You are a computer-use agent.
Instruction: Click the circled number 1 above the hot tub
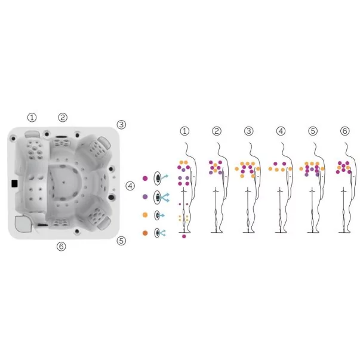pos(32,118)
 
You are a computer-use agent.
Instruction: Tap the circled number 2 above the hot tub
pos(63,118)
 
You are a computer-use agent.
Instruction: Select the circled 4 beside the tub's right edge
pos(130,186)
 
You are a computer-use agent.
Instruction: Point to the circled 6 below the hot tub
pos(61,247)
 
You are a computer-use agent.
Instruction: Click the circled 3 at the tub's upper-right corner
pos(121,125)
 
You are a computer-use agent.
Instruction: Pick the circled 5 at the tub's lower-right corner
pos(121,241)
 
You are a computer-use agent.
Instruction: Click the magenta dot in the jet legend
pos(145,178)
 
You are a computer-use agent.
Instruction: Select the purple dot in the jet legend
pos(145,196)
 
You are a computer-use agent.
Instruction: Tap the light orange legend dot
pos(145,215)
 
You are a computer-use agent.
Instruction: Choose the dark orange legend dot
pos(145,233)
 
